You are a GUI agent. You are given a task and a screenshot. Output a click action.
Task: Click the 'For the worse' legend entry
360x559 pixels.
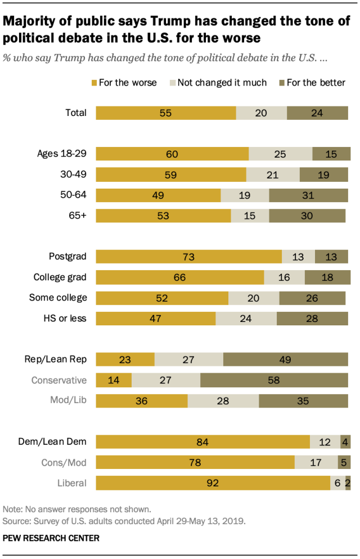pyautogui.click(x=123, y=83)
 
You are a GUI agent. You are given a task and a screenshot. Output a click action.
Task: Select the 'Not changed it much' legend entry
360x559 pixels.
pyautogui.click(x=218, y=83)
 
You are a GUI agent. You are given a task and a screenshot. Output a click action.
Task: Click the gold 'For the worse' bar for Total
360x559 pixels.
pyautogui.click(x=166, y=113)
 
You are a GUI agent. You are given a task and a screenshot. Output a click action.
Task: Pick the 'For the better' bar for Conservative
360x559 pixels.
pyautogui.click(x=274, y=380)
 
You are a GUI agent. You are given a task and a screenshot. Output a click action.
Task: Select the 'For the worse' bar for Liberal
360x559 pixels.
pyautogui.click(x=213, y=482)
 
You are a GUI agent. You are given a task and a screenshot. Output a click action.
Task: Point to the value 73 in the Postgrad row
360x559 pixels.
pyautogui.click(x=188, y=257)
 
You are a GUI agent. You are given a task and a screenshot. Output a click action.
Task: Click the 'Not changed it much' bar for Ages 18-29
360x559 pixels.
pyautogui.click(x=280, y=154)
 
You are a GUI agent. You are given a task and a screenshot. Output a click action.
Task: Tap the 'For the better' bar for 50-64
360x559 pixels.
pyautogui.click(x=308, y=195)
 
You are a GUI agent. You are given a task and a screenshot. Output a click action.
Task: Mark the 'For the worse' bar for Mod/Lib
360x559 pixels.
pyautogui.click(x=142, y=401)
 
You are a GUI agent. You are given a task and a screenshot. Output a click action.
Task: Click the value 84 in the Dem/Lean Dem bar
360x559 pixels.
pyautogui.click(x=202, y=441)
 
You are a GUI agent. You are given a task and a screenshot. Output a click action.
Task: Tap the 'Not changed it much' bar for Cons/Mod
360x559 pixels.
pyautogui.click(x=316, y=462)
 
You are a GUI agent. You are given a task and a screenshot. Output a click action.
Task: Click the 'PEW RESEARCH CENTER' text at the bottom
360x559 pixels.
pyautogui.click(x=51, y=538)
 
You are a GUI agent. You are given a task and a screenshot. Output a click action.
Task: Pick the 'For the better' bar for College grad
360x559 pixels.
pyautogui.click(x=326, y=278)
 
